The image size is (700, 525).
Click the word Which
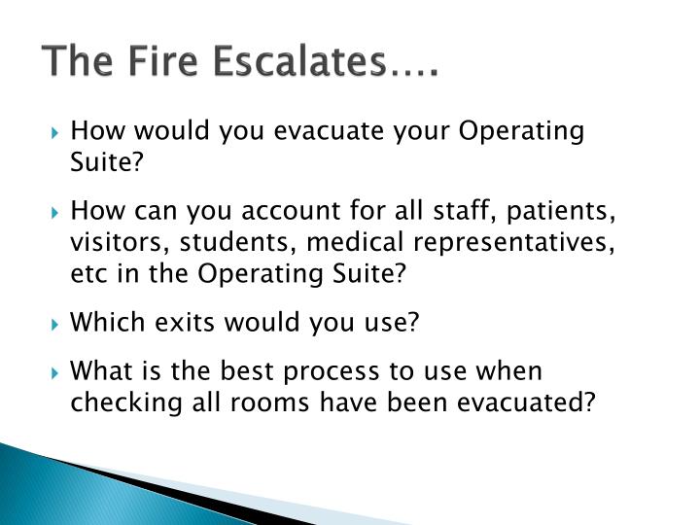[106, 321]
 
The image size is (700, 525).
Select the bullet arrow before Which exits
[57, 322]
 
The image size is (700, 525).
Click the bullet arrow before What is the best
[57, 372]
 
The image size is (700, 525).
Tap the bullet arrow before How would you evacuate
[57, 132]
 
